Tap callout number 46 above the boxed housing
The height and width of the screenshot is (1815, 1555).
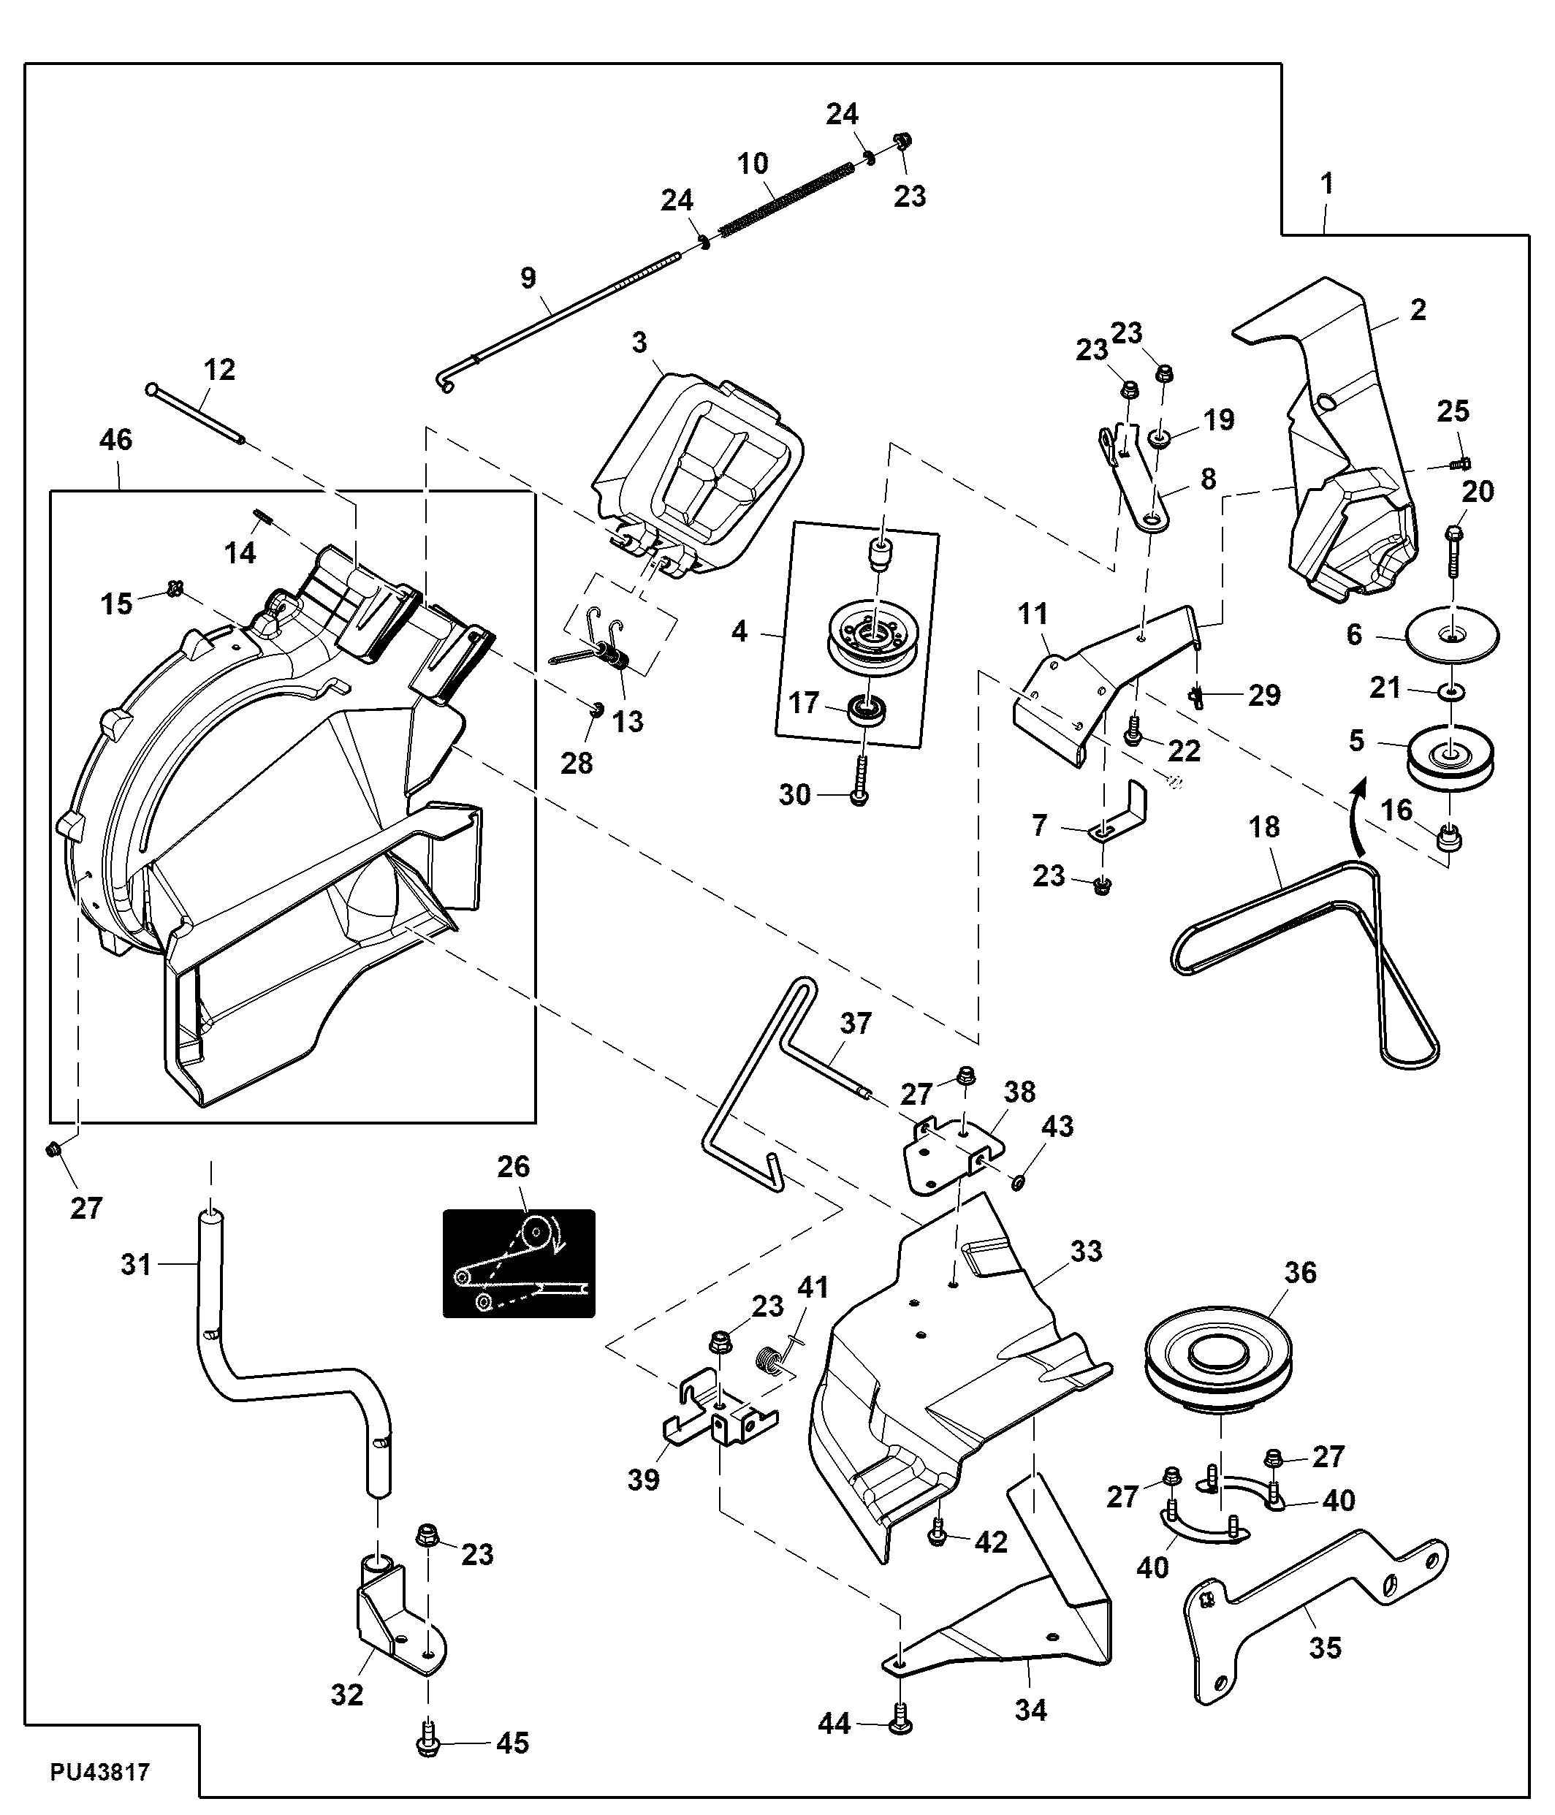click(115, 440)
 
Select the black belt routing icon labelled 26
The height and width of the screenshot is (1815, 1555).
click(519, 1263)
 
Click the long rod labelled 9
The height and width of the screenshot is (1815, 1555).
click(560, 316)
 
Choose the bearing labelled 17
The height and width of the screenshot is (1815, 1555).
click(868, 709)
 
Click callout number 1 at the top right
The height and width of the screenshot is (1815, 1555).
click(1327, 184)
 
